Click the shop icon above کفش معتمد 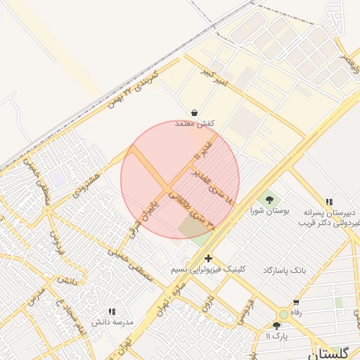point(193,112)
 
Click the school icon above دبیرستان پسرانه point(330,201)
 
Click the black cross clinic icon point(208,259)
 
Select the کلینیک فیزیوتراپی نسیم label point(210,269)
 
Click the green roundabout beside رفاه point(283,314)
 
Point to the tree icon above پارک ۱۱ point(276,326)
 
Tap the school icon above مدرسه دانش point(111,311)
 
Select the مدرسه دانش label point(110,321)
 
